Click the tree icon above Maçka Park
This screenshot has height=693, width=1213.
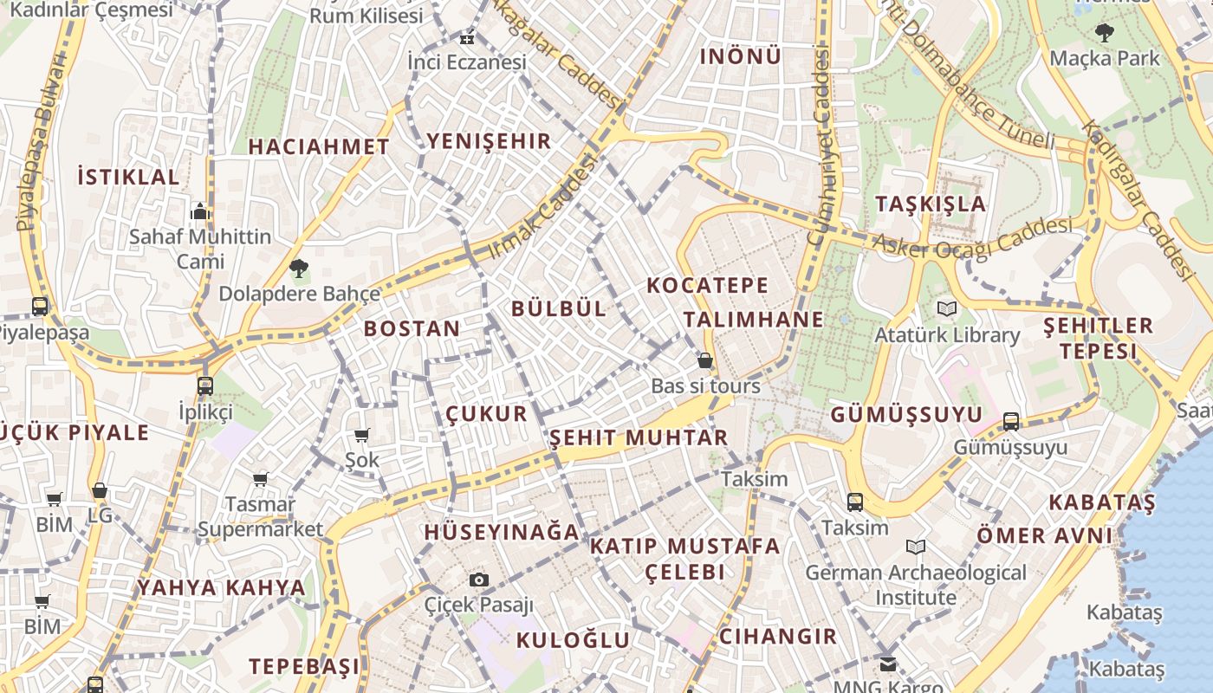click(x=1104, y=33)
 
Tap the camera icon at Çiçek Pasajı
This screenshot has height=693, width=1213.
click(x=478, y=580)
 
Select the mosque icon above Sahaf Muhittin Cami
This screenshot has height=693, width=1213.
click(x=200, y=210)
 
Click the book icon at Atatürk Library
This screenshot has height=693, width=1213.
click(x=947, y=308)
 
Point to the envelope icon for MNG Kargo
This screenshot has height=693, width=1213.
click(x=888, y=664)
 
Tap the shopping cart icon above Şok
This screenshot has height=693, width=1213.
click(x=362, y=435)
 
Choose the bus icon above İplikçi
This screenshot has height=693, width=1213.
click(x=205, y=385)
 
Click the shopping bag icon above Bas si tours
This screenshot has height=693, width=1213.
click(x=705, y=360)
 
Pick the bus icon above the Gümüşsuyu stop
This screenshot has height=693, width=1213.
click(x=1011, y=422)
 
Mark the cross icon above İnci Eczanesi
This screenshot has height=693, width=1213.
click(x=467, y=38)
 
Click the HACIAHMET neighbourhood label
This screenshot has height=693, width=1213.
click(x=319, y=146)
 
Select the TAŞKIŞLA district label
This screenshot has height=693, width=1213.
click(x=931, y=204)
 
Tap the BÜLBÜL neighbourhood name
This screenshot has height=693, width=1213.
click(x=559, y=308)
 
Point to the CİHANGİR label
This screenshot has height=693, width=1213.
click(x=778, y=637)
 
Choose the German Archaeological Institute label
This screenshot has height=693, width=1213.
click(x=916, y=585)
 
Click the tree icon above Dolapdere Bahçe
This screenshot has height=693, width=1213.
click(x=299, y=269)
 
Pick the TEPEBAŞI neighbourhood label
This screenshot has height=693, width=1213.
click(x=304, y=666)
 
